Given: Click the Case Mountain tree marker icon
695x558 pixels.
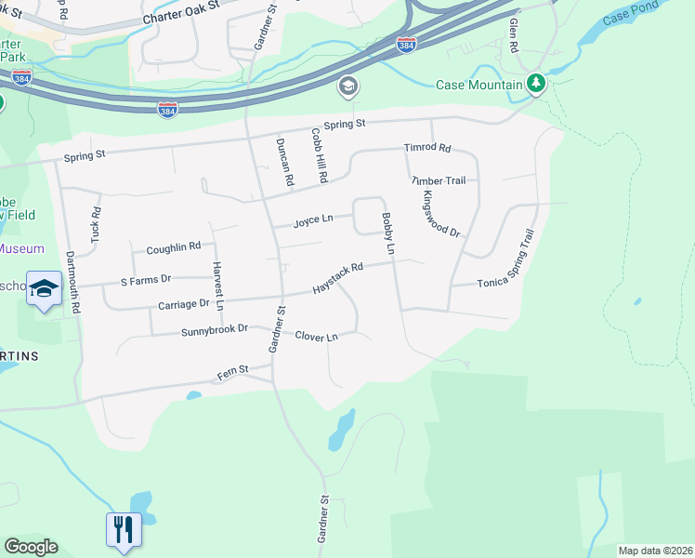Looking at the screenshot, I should point(536,85).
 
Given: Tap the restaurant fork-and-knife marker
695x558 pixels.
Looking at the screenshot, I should point(124,529).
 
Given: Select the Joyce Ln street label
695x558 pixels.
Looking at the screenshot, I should point(313,221).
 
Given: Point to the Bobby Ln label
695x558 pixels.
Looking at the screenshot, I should point(388,234).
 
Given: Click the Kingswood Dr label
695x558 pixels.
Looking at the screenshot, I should point(440,213).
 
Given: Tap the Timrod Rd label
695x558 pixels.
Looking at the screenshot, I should point(426,148).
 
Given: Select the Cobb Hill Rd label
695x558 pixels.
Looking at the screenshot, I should point(319,154).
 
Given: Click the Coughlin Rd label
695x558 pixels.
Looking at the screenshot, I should point(173,247).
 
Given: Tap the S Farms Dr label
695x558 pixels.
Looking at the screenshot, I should point(146,279).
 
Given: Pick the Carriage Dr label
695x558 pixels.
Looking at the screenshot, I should point(184,303).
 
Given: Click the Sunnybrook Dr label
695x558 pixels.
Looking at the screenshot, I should point(215,329).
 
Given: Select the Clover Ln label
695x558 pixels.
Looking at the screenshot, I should point(316,336).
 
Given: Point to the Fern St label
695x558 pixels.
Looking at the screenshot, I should point(233,370).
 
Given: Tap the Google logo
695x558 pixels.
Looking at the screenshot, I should point(31,547).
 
